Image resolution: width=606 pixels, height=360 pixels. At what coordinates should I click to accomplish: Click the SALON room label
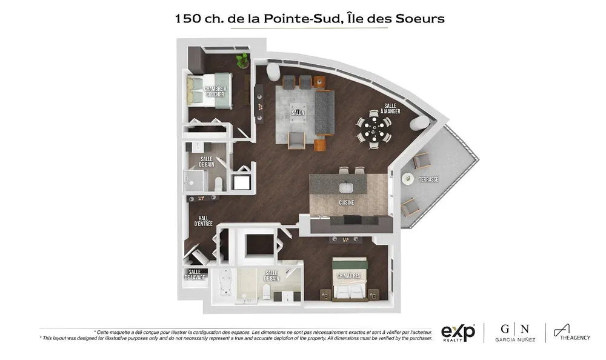click(298, 113)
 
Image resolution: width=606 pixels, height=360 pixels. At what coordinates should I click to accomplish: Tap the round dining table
click(374, 129)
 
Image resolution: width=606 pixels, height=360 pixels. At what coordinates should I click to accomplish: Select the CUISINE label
click(346, 202)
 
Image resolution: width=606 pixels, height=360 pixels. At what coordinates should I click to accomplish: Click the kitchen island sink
click(346, 188)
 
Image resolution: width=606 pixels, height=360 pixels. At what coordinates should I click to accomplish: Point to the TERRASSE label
click(428, 179)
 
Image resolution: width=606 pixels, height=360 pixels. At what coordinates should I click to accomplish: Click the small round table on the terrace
click(408, 178)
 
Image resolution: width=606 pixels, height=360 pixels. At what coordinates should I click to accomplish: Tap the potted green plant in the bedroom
click(243, 60)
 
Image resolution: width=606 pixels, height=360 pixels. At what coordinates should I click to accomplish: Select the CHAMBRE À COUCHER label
click(215, 92)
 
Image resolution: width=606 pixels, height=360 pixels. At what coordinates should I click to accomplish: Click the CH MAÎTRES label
click(348, 276)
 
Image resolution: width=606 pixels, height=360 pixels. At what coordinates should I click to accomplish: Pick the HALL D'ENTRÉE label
click(203, 221)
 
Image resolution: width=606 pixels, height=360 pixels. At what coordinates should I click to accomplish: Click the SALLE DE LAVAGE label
click(195, 275)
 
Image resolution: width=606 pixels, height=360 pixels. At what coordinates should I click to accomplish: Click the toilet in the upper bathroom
click(219, 184)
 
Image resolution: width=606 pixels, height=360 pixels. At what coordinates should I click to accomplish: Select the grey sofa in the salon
click(325, 113)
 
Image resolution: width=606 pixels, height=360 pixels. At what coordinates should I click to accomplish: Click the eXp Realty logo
click(458, 333)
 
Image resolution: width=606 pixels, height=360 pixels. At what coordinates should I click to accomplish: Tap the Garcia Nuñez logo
click(515, 333)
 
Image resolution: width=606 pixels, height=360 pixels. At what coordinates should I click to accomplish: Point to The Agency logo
click(572, 333)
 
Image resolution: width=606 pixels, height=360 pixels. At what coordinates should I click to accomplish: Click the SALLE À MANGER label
click(390, 108)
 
